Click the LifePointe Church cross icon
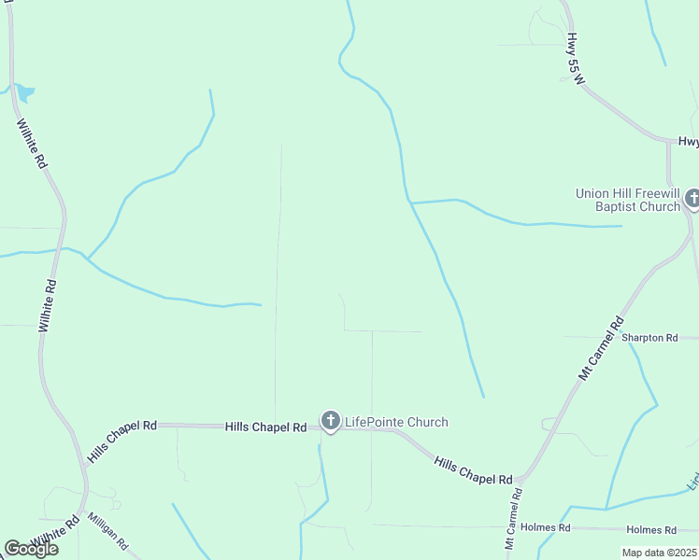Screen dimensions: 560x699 tap(330, 422)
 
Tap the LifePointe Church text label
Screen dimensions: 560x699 tap(396, 422)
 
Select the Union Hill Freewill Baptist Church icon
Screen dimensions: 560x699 tap(692, 199)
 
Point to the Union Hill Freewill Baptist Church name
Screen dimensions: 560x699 tap(628, 200)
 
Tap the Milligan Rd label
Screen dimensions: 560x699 tap(107, 530)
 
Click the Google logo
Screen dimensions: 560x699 tap(31, 549)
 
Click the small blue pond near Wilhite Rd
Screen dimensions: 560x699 tap(24, 91)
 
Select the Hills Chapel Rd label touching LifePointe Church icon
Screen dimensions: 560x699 tap(266, 427)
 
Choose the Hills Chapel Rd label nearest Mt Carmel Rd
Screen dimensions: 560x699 tap(474, 469)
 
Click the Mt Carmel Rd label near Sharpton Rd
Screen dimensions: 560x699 tap(600, 348)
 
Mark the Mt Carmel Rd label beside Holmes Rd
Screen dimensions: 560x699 tap(513, 519)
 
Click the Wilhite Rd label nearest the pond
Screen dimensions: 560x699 tap(31, 143)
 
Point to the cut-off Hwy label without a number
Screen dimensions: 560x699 tap(689, 142)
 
